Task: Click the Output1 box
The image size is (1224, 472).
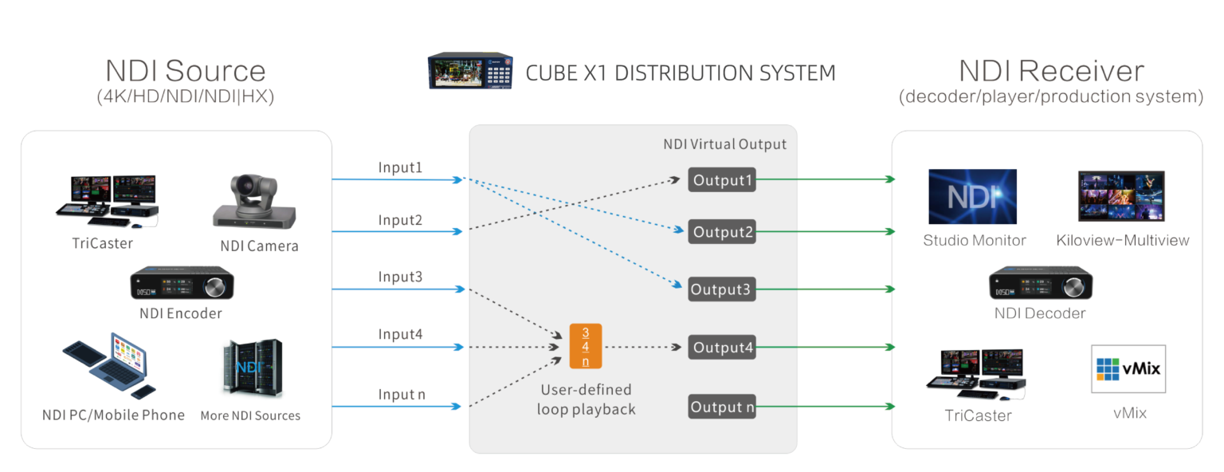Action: coord(722,180)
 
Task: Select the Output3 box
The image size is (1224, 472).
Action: coord(722,289)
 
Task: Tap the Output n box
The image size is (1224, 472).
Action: coord(722,407)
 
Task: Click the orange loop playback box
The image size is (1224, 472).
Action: coord(586,347)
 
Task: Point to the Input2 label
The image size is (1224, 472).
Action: coord(400,220)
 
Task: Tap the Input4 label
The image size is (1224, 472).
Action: coord(400,335)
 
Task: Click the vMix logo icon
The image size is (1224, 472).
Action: coord(1128,368)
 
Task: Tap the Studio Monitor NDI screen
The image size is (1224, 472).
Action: coord(972,196)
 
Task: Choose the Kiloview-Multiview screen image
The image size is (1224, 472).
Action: coord(1122,196)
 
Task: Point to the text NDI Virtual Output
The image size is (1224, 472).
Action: coord(724,144)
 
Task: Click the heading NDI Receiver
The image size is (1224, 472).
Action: coord(1051,71)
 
